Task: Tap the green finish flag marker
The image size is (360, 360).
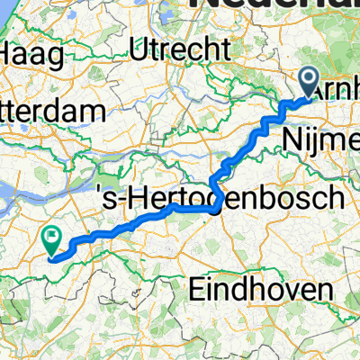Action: (51, 239)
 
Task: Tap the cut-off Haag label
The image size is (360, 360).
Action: (32, 54)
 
